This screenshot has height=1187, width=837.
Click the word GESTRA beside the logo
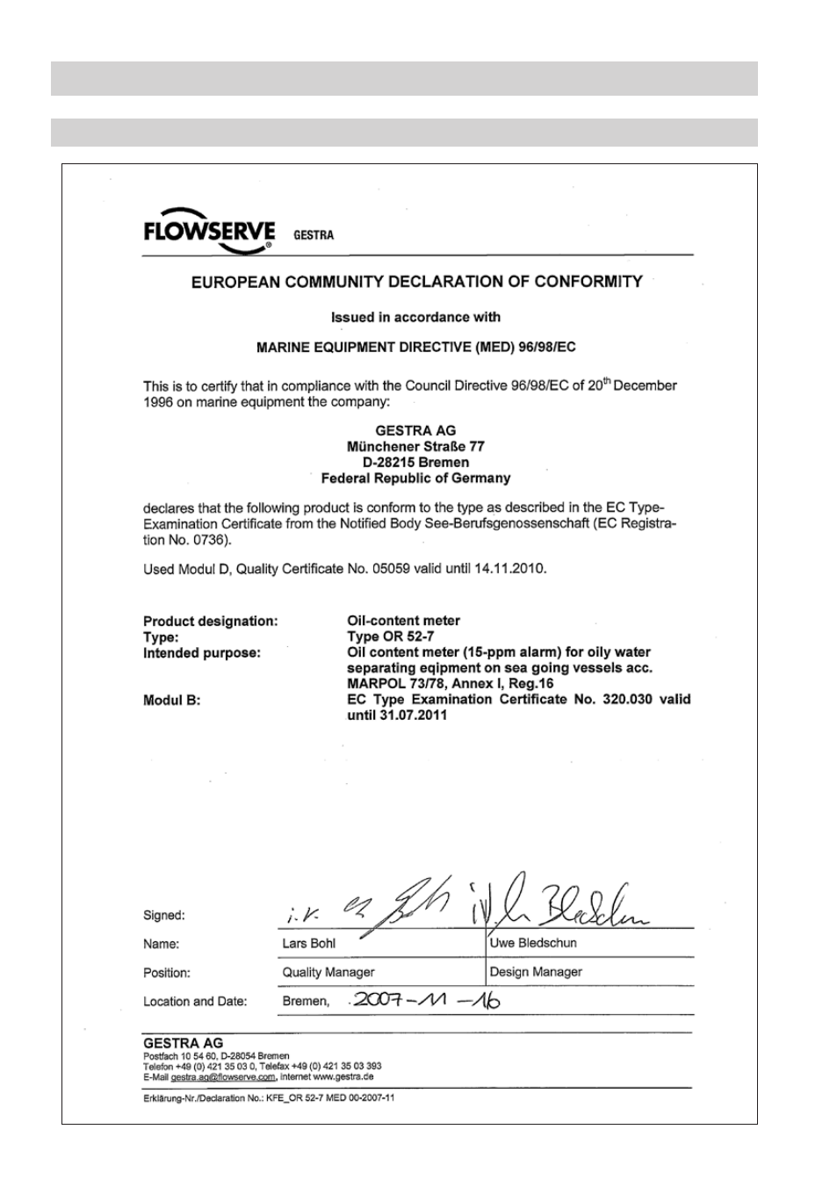[x=313, y=235]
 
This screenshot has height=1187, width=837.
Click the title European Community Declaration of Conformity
[x=417, y=282]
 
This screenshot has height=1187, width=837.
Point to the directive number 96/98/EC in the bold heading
[x=545, y=347]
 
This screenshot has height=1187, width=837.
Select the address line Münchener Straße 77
[x=415, y=446]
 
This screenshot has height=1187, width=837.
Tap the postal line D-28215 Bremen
[x=415, y=462]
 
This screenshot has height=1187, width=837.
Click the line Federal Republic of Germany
[x=415, y=478]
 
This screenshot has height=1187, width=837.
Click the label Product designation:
[x=211, y=621]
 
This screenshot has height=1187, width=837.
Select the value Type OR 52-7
[x=391, y=637]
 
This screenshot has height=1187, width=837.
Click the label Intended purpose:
[x=202, y=652]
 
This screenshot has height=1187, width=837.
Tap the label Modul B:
[x=172, y=700]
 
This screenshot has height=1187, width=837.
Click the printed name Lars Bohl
[x=309, y=943]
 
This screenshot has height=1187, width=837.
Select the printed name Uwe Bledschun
[x=533, y=943]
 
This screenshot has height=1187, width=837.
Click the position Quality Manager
[x=328, y=972]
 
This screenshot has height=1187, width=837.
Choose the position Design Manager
[x=536, y=972]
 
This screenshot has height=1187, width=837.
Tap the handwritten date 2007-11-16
[x=425, y=1000]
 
